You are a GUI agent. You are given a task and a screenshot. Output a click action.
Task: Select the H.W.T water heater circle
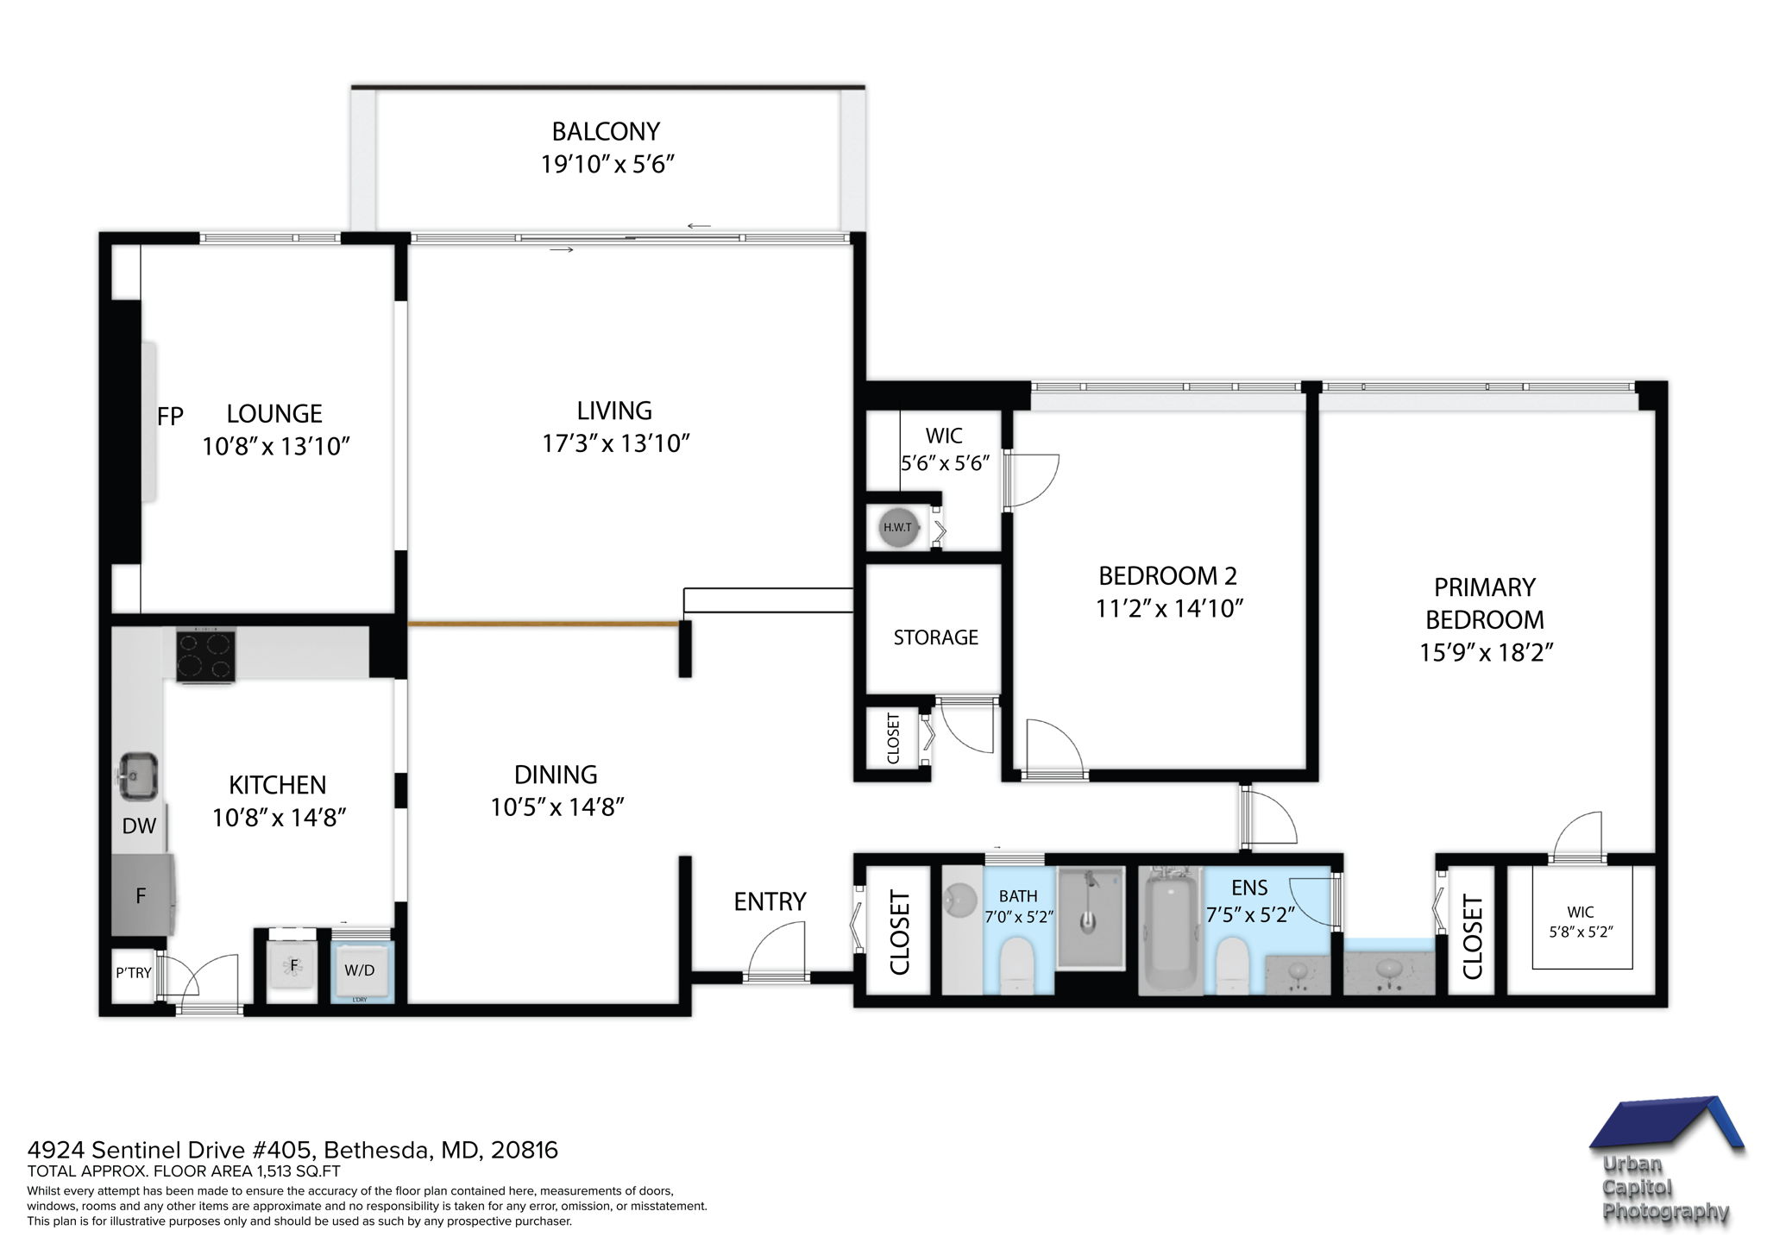(x=897, y=527)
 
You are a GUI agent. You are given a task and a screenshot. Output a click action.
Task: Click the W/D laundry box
(x=360, y=970)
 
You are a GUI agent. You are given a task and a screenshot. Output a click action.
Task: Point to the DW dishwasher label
(x=139, y=826)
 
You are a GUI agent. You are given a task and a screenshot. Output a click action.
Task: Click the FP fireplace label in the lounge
(x=170, y=417)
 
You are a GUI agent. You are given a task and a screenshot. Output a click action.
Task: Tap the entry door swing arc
(x=777, y=949)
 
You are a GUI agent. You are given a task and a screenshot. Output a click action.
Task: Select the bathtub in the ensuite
(x=1169, y=932)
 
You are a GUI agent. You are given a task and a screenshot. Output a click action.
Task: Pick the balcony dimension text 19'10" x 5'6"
(x=607, y=164)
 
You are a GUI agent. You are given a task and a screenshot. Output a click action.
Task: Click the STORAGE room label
(x=935, y=637)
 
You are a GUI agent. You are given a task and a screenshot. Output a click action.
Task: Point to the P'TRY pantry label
(x=133, y=973)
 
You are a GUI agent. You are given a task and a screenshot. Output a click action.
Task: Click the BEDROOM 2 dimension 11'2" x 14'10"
(x=1168, y=609)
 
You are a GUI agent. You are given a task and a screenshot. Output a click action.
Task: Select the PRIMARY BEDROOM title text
(x=1484, y=603)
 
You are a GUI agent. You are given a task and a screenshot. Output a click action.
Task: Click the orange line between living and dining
(x=544, y=622)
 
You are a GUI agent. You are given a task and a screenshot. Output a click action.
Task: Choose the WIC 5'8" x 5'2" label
(x=1581, y=921)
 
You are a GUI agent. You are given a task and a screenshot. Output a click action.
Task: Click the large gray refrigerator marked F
(x=141, y=895)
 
